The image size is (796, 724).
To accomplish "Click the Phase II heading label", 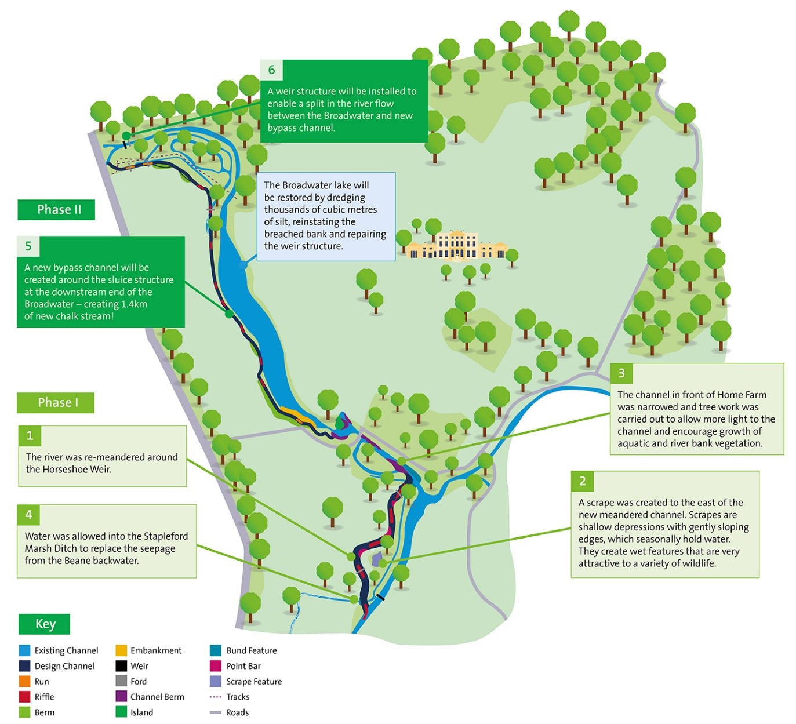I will tap(56, 210).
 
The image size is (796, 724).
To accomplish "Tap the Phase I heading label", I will tap(56, 403).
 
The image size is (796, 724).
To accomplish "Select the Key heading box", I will tap(45, 624).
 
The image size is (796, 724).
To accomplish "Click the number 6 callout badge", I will tap(271, 70).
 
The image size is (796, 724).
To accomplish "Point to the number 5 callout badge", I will tap(28, 246).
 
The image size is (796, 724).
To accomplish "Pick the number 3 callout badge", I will tap(621, 373).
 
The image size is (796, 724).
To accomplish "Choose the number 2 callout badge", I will tap(582, 481).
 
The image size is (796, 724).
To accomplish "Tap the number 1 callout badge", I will tap(30, 436).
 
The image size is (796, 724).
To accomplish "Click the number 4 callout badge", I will tap(28, 515).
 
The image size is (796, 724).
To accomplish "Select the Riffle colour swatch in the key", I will tap(24, 697).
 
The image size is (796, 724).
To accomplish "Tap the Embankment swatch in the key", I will tap(121, 650).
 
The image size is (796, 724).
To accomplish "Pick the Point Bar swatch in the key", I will tap(216, 666).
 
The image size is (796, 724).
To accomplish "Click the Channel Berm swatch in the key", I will tap(121, 697).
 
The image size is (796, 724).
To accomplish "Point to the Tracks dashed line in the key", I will tap(216, 697).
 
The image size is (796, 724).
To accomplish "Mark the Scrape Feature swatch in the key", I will tap(216, 682).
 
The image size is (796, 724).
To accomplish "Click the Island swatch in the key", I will tap(121, 712).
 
